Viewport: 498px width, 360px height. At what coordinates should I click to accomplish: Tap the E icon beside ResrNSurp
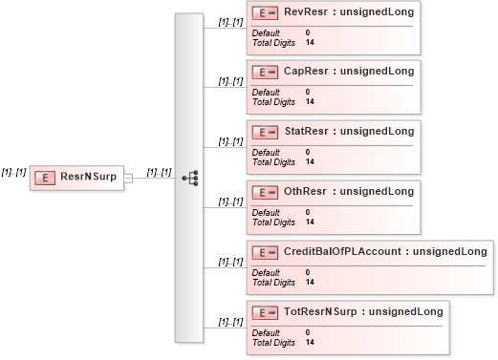(44, 178)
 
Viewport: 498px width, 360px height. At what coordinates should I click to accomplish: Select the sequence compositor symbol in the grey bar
(189, 178)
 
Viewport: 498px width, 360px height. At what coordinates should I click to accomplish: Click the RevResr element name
(307, 11)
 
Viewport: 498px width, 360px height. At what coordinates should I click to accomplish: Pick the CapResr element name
(307, 71)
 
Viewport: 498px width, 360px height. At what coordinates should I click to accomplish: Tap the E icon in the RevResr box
(265, 12)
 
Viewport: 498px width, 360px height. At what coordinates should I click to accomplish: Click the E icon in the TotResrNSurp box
(265, 312)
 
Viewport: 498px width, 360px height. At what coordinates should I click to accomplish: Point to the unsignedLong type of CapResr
(377, 71)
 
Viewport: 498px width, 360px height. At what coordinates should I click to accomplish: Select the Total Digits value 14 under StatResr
(310, 162)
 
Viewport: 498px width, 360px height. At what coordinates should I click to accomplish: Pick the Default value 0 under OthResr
(308, 212)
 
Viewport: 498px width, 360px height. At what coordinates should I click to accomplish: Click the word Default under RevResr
(266, 32)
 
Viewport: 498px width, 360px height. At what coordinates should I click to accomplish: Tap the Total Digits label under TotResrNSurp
(273, 343)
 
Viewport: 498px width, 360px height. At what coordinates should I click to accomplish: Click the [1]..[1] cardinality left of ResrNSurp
(13, 171)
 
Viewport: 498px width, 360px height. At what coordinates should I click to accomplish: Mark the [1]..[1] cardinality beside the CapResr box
(230, 81)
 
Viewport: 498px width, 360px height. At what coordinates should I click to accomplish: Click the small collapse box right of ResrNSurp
(128, 178)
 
